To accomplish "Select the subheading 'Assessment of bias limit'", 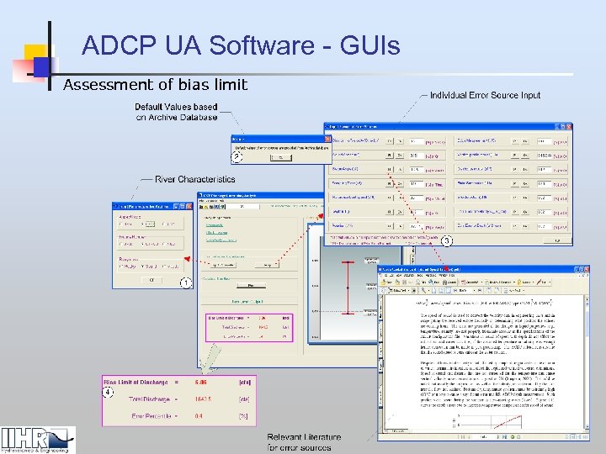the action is [x=156, y=84].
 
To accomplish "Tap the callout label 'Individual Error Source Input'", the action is [x=485, y=95].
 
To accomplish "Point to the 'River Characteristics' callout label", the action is [x=194, y=179].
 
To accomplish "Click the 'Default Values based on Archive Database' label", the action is [x=176, y=112].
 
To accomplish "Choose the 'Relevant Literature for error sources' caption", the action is [x=304, y=442].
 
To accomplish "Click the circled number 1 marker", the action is [x=183, y=283].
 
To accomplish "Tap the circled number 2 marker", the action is [x=237, y=156].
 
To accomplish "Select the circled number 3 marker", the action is [x=447, y=241].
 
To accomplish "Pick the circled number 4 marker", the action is [x=108, y=391].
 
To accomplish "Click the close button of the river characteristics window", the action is [x=189, y=206].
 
